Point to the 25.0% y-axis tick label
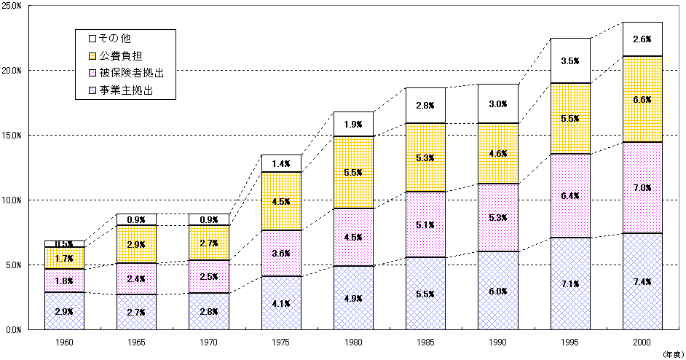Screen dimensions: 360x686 tap(14, 6)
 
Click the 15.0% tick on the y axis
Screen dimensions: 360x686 tap(14, 136)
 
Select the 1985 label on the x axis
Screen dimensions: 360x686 tap(425, 342)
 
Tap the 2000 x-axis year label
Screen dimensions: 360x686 tap(642, 342)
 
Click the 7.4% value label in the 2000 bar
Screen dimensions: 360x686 tap(642, 282)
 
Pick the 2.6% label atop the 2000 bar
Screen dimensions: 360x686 tap(642, 39)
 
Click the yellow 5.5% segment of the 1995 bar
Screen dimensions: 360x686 tap(569, 118)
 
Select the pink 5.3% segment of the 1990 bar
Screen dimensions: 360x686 tap(497, 217)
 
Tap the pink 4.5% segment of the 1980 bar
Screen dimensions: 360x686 tap(353, 237)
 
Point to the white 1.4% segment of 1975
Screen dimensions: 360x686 tap(281, 164)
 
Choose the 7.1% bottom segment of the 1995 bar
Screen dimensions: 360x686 tap(569, 283)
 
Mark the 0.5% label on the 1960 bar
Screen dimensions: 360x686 tap(64, 244)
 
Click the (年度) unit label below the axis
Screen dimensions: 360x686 tap(671, 353)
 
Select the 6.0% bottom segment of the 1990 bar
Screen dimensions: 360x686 tap(497, 291)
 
